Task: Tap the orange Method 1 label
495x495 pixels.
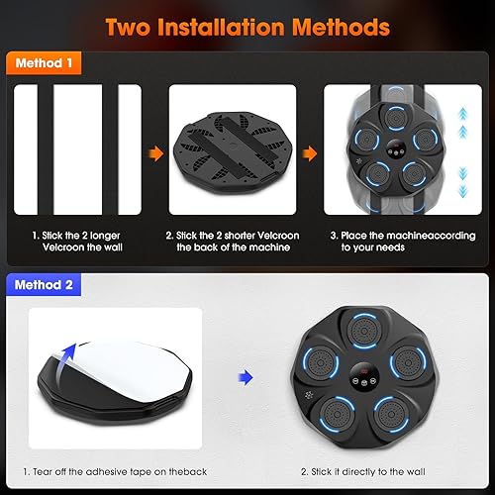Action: click(x=45, y=62)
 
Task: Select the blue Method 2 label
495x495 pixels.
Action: click(x=45, y=284)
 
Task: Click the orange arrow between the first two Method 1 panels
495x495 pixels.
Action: click(x=156, y=154)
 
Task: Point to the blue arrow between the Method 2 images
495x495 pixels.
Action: click(x=245, y=377)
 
